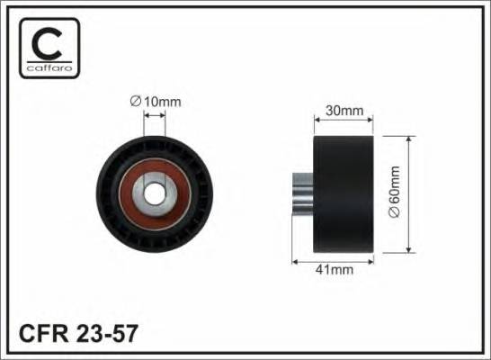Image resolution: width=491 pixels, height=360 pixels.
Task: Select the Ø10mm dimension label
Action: pos(156,103)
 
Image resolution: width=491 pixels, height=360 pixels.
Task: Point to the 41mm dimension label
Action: pos(336,267)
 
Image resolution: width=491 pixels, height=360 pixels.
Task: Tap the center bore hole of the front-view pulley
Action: pos(155,192)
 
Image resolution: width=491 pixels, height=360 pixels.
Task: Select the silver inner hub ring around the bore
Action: pos(155,204)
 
